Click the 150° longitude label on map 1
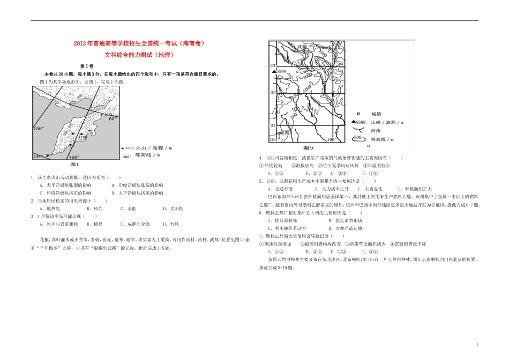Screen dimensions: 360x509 tap(39, 129)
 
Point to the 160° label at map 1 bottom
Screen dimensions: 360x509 tap(74, 157)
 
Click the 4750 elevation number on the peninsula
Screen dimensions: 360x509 tap(83, 138)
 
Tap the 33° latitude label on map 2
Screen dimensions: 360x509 tap(272, 65)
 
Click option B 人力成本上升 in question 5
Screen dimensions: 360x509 tap(332, 189)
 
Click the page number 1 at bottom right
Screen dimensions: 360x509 tap(476, 345)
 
